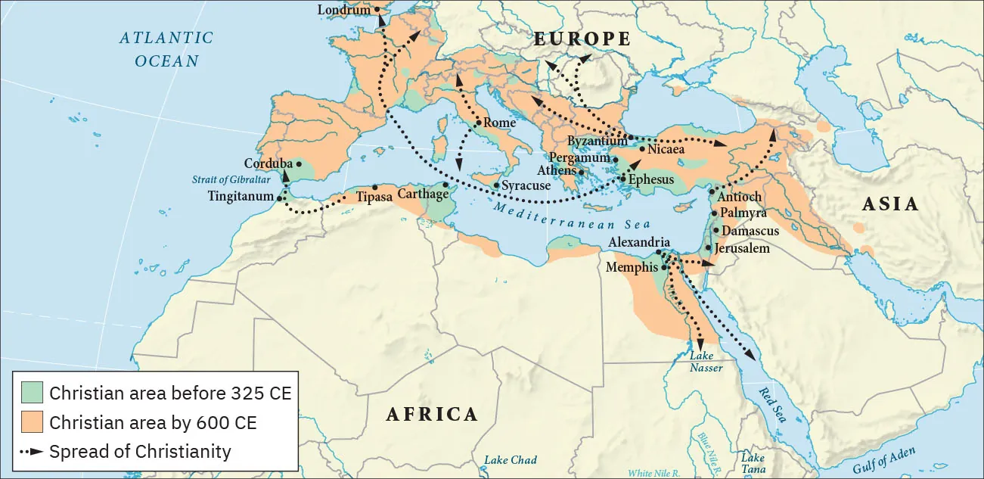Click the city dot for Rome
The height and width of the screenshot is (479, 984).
pyautogui.click(x=479, y=123)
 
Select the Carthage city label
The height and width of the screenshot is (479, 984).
pyautogui.click(x=421, y=194)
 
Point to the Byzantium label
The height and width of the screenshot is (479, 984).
pyautogui.click(x=598, y=141)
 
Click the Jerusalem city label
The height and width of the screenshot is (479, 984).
pyautogui.click(x=742, y=248)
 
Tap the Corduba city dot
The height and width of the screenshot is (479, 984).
pyautogui.click(x=299, y=163)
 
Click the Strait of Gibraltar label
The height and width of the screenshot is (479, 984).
pyautogui.click(x=227, y=180)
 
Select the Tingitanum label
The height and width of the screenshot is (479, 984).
pyautogui.click(x=240, y=196)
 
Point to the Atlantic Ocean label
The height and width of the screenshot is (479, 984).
pyautogui.click(x=166, y=49)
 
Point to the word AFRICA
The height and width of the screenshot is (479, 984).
pyautogui.click(x=432, y=414)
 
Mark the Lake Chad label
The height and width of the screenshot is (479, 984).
pyautogui.click(x=511, y=460)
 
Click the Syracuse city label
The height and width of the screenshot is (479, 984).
pyautogui.click(x=526, y=185)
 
